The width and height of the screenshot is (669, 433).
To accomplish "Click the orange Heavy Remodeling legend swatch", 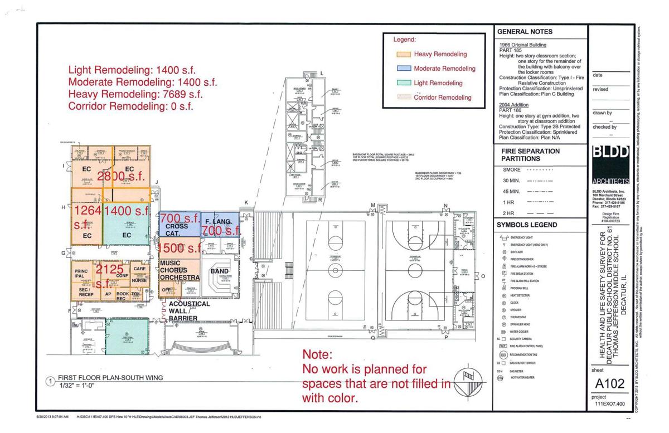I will (403, 55).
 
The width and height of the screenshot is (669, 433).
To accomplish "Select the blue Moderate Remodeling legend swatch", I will (403, 69).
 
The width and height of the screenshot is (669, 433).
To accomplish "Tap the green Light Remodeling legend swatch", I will (403, 83).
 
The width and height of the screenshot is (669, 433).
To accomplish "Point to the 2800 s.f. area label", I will (120, 177).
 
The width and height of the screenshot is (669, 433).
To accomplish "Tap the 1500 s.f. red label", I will (179, 247).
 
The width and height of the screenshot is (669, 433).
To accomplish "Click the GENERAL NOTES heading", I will (525, 32).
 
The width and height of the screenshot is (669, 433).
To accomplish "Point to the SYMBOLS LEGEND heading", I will (527, 225).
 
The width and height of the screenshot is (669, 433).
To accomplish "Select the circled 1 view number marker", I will (50, 382).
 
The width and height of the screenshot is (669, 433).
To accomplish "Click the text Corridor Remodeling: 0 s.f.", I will (130, 106).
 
